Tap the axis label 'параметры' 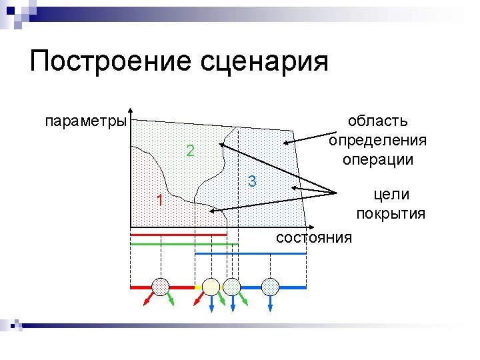[x=85, y=121]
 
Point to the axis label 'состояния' [x=313, y=238]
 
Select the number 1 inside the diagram [x=159, y=200]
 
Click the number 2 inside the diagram [x=190, y=151]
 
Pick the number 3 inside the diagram [x=252, y=181]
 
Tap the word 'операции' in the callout [x=377, y=160]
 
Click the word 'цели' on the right [x=391, y=194]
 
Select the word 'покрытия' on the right [x=391, y=213]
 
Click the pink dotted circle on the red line [x=161, y=286]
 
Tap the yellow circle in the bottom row [x=211, y=287]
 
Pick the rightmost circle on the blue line [x=270, y=287]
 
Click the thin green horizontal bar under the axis [x=184, y=245]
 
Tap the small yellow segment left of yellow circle [x=198, y=287]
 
